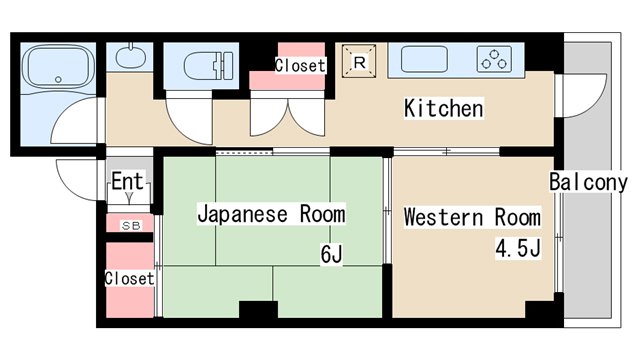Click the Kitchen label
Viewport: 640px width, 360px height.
(x=443, y=108)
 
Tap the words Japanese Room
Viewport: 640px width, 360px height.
(x=271, y=214)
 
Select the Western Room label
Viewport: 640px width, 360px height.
(x=472, y=218)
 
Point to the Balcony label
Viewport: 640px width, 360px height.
(x=588, y=182)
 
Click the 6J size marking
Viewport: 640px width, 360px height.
(x=332, y=255)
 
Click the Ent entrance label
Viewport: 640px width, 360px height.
(x=129, y=182)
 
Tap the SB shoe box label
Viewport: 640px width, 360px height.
(x=131, y=225)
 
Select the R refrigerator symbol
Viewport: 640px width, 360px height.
(x=360, y=62)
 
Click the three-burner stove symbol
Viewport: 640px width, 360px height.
(x=493, y=59)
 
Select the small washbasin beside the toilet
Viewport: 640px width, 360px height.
(x=130, y=58)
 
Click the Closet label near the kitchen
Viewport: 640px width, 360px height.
(x=300, y=66)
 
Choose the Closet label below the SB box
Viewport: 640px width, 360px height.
(x=130, y=278)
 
